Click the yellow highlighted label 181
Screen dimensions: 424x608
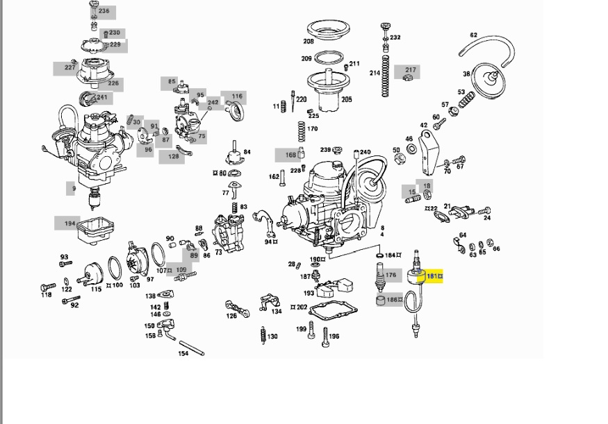click(x=433, y=277)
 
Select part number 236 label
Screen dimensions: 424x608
click(x=104, y=11)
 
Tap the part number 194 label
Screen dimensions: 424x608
click(x=70, y=223)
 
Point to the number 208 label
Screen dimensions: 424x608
click(x=307, y=41)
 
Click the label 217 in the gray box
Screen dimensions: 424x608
click(x=410, y=70)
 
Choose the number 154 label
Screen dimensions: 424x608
click(x=183, y=353)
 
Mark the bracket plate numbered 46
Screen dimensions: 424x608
click(x=426, y=156)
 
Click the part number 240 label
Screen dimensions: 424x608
click(x=365, y=153)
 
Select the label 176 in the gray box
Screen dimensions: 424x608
click(x=391, y=275)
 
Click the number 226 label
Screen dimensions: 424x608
click(x=113, y=83)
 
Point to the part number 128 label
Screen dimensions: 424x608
click(x=172, y=158)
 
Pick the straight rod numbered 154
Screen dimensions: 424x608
click(x=191, y=347)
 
